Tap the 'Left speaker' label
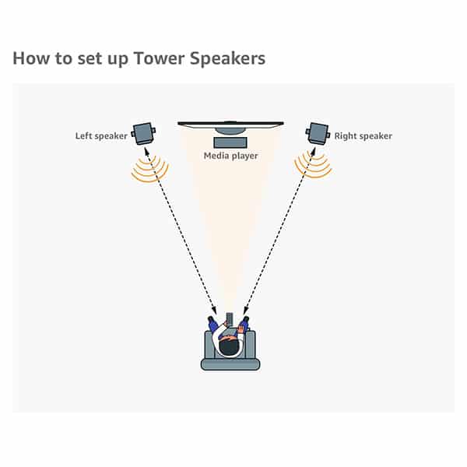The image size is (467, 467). coord(100,137)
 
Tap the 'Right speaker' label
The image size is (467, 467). coord(363,137)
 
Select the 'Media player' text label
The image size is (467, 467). coord(230,156)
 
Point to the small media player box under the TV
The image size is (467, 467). coord(230,143)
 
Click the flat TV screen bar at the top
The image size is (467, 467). coord(230,122)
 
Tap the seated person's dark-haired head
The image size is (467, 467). coord(230,346)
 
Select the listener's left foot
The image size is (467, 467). coord(212,321)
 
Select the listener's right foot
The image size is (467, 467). coord(246,321)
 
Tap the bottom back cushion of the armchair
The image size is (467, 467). coord(230,363)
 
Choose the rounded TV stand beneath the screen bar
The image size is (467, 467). coord(230,130)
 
